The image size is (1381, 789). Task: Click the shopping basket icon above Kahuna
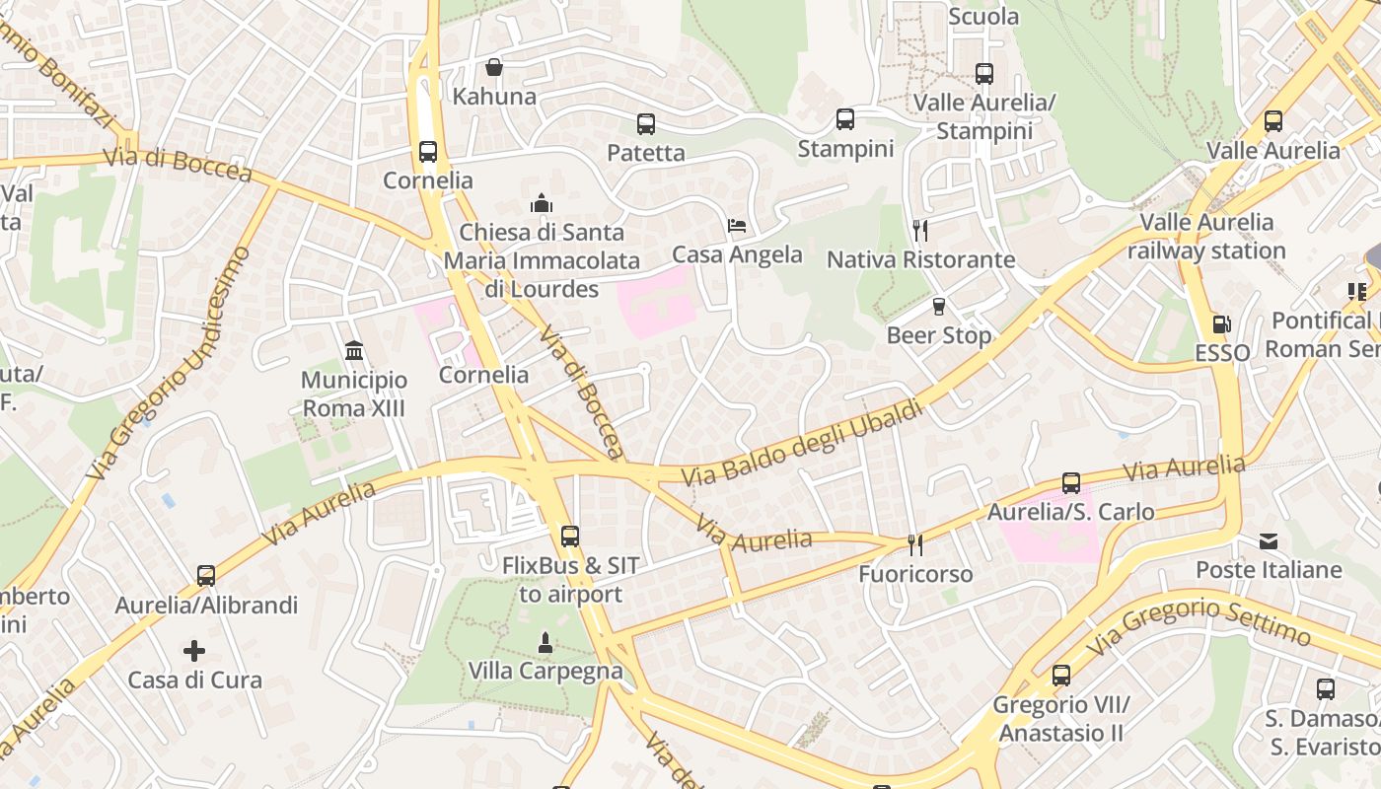click(494, 67)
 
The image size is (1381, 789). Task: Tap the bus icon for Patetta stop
click(646, 124)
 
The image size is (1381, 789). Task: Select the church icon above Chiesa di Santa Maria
click(542, 203)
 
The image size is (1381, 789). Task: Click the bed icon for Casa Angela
click(737, 226)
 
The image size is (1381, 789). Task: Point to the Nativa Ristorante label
click(920, 259)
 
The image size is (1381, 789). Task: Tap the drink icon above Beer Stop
click(939, 307)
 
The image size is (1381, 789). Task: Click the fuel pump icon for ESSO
click(1221, 323)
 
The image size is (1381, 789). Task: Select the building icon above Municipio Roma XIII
click(354, 351)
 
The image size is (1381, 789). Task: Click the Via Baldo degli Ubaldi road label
click(803, 443)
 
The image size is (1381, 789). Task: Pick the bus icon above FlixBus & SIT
click(570, 537)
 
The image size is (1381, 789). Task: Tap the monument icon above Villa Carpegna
click(545, 643)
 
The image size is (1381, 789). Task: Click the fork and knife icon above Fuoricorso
click(915, 544)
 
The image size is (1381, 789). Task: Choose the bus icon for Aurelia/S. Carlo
click(1071, 483)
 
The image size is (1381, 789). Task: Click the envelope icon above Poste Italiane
click(1269, 541)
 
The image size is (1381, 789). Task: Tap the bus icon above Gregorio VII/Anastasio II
click(1061, 676)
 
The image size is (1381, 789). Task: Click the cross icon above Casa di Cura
click(194, 651)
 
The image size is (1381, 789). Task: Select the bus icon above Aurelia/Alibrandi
click(206, 576)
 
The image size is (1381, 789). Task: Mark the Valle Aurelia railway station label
click(1206, 237)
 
